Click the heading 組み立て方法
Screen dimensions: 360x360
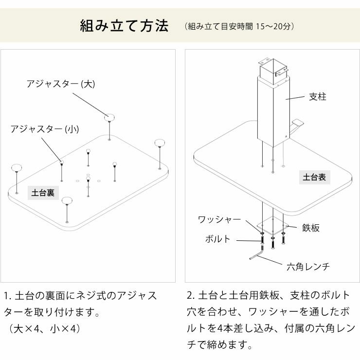pos(124,26)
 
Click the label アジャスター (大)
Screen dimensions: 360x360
pos(60,84)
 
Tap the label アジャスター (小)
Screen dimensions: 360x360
pos(44,129)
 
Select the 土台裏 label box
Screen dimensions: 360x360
pos(43,193)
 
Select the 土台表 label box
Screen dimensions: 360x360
pos(314,178)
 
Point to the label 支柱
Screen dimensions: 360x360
pos(318,96)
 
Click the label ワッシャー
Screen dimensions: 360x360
pos(219,220)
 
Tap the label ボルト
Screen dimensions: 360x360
pos(217,239)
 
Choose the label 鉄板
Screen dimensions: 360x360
pos(311,228)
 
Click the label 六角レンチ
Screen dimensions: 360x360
pos(308,267)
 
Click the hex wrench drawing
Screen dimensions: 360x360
pos(256,254)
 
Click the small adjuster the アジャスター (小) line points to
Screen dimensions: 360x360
pos(62,161)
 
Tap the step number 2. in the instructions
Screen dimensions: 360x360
pos(191,295)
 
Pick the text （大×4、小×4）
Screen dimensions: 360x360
pos(44,329)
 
